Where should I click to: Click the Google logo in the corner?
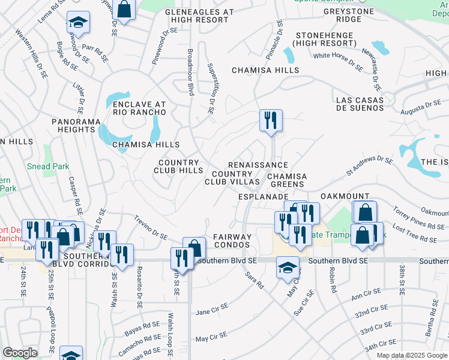click(x=20, y=353)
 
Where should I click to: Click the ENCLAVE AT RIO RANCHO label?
click(x=139, y=109)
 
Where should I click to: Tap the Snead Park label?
click(x=47, y=166)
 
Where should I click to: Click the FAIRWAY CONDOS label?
click(x=231, y=241)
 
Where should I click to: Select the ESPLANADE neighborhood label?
click(x=264, y=196)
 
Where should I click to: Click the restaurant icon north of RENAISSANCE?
click(x=271, y=119)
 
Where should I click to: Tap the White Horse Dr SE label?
click(x=338, y=61)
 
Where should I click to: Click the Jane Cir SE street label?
click(x=212, y=309)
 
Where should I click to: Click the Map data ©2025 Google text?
click(x=411, y=355)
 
